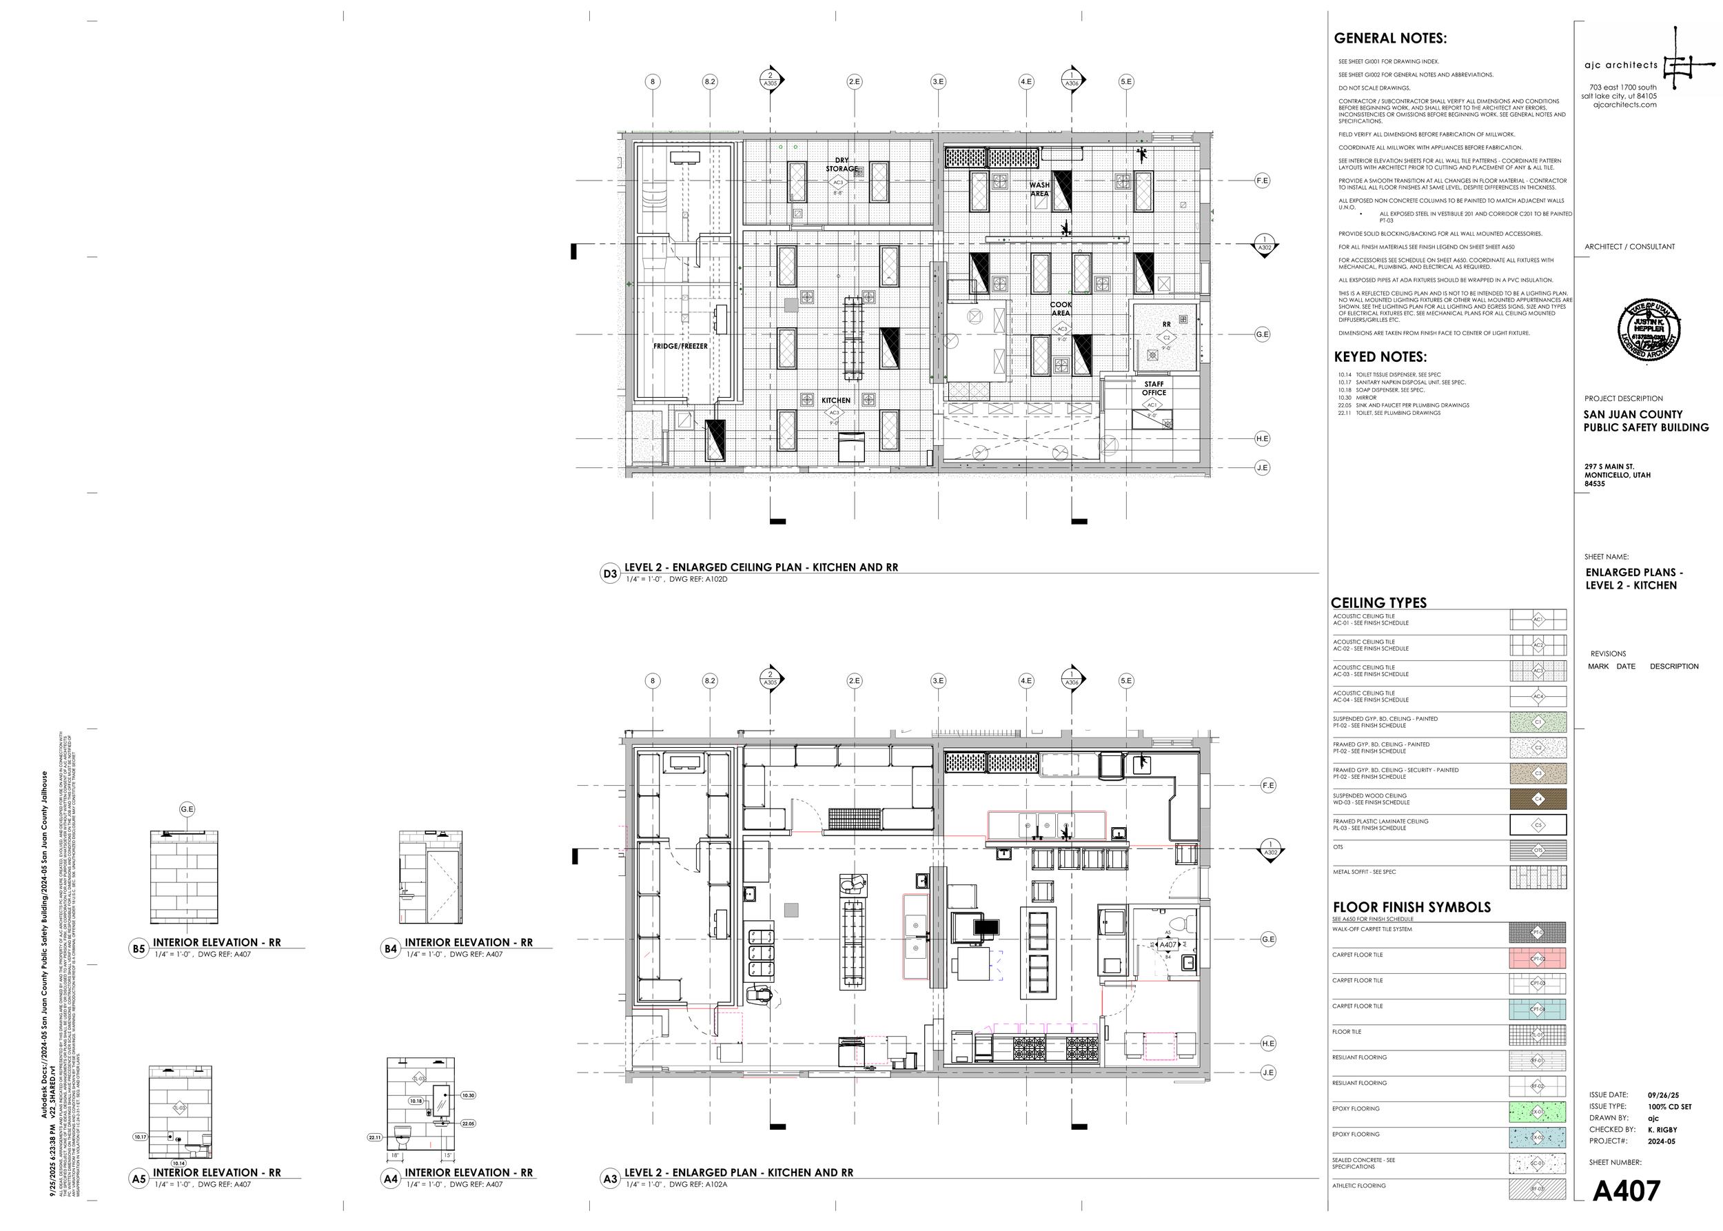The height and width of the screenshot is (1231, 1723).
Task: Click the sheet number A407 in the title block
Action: pos(1626,1191)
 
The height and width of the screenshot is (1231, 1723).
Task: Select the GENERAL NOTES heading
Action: pos(1389,39)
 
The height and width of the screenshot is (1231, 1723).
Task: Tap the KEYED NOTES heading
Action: pos(1380,357)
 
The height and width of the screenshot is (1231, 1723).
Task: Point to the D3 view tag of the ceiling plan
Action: pos(610,574)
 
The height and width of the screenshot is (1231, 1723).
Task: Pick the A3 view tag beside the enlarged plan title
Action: pos(610,1179)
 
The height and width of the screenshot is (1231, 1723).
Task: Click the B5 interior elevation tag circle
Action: pos(139,949)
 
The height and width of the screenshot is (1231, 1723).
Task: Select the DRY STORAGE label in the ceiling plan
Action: pos(842,165)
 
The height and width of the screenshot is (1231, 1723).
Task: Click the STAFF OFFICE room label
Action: pos(1154,388)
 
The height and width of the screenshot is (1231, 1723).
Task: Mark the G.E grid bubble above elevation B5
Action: pos(187,810)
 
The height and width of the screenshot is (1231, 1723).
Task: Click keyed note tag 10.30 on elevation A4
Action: pos(468,1095)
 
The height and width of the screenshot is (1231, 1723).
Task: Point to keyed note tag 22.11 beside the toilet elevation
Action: pos(374,1137)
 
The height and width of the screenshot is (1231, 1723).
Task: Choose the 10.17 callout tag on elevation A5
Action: pos(139,1137)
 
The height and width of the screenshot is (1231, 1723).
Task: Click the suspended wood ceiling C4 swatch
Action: pos(1538,799)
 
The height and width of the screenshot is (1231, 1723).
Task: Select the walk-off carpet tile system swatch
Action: pos(1538,933)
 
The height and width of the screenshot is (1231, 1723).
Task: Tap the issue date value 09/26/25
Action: pos(1663,1095)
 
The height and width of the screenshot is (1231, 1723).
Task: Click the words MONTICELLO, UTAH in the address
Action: pos(1617,476)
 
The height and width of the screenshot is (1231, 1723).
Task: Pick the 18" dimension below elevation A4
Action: pos(394,1156)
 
